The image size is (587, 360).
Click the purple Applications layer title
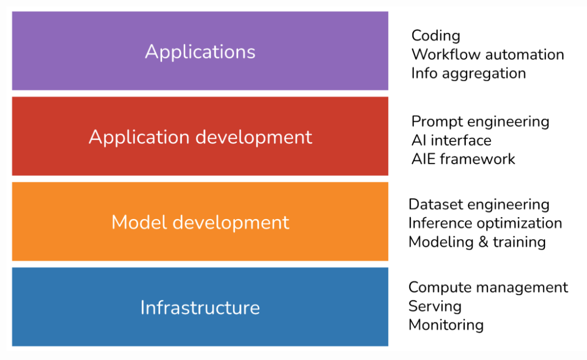tap(200, 52)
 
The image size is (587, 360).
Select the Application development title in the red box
tap(200, 137)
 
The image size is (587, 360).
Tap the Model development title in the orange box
tap(200, 222)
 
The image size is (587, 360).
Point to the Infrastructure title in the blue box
tap(200, 308)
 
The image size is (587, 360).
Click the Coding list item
tap(436, 36)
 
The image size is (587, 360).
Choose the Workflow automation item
tap(487, 54)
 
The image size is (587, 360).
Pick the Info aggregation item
tap(468, 73)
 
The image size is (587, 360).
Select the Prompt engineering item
tap(480, 121)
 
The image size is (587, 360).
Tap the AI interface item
tap(451, 140)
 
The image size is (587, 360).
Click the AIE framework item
tap(463, 159)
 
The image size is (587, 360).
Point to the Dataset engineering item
tap(479, 205)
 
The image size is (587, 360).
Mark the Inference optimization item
tap(485, 223)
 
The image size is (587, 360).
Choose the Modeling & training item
tap(477, 242)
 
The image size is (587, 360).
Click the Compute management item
tap(488, 287)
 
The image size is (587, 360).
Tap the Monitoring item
tap(446, 325)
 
